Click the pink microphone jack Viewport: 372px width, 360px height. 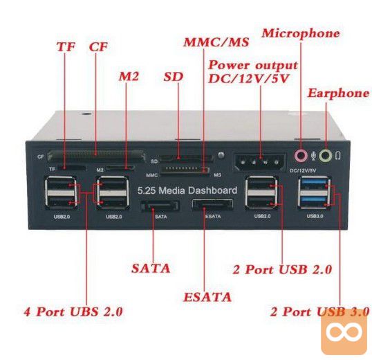click(x=300, y=156)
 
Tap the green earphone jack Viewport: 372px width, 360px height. click(x=325, y=156)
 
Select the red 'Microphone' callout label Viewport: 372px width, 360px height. click(x=301, y=33)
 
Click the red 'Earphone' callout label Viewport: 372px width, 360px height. click(x=339, y=93)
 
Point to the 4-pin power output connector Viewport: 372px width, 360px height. click(x=260, y=163)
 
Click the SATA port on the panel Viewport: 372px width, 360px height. click(x=160, y=206)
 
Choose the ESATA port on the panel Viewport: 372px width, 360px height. click(x=212, y=205)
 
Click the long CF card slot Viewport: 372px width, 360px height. click(x=96, y=156)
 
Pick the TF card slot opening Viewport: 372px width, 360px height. click(x=72, y=168)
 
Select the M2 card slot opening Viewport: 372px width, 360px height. click(x=120, y=168)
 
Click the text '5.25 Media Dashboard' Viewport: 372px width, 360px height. click(x=187, y=190)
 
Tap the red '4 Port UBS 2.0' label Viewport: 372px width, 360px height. click(x=73, y=312)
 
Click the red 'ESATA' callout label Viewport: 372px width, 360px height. click(x=207, y=297)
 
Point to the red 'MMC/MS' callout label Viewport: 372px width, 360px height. click(x=216, y=42)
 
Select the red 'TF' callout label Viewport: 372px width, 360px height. click(x=66, y=47)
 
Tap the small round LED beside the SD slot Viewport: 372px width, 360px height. click(x=221, y=155)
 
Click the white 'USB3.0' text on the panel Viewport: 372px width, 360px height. click(x=315, y=216)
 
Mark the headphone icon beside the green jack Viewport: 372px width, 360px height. click(x=338, y=156)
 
